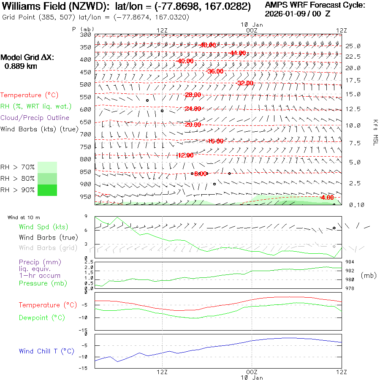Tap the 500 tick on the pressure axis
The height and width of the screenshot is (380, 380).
point(86,84)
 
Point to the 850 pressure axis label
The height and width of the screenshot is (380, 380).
point(86,172)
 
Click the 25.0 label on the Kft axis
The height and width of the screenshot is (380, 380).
point(353,46)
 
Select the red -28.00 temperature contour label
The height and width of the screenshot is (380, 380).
point(193,95)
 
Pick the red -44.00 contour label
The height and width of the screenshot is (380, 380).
point(238,53)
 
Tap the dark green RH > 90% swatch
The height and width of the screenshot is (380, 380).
point(47,190)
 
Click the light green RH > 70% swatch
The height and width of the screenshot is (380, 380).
point(47,167)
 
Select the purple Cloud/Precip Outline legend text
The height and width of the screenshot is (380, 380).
point(35,118)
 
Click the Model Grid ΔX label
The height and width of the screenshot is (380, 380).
point(27,57)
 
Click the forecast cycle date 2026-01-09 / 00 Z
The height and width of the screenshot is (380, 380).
point(298,14)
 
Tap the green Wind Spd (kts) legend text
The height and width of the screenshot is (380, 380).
point(43,227)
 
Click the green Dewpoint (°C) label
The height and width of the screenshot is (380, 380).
point(42,318)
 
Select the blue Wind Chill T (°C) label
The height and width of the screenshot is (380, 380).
point(46,351)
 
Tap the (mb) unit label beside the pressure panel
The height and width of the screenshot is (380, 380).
point(369,275)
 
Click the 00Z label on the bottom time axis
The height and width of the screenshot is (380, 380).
point(252,372)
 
